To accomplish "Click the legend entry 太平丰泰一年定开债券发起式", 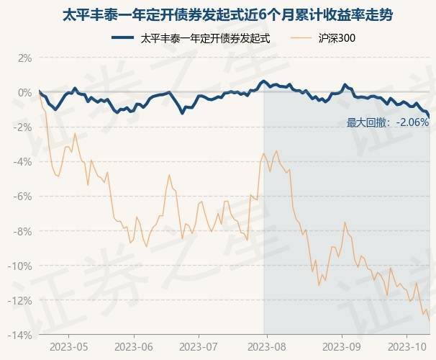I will coord(205,38).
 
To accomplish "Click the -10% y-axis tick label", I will coord(19,266).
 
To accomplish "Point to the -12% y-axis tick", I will coord(19,300).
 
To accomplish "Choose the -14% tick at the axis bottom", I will coord(19,335).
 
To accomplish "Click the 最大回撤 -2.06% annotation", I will coord(387,122).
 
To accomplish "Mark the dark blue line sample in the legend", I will coord(124,38).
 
